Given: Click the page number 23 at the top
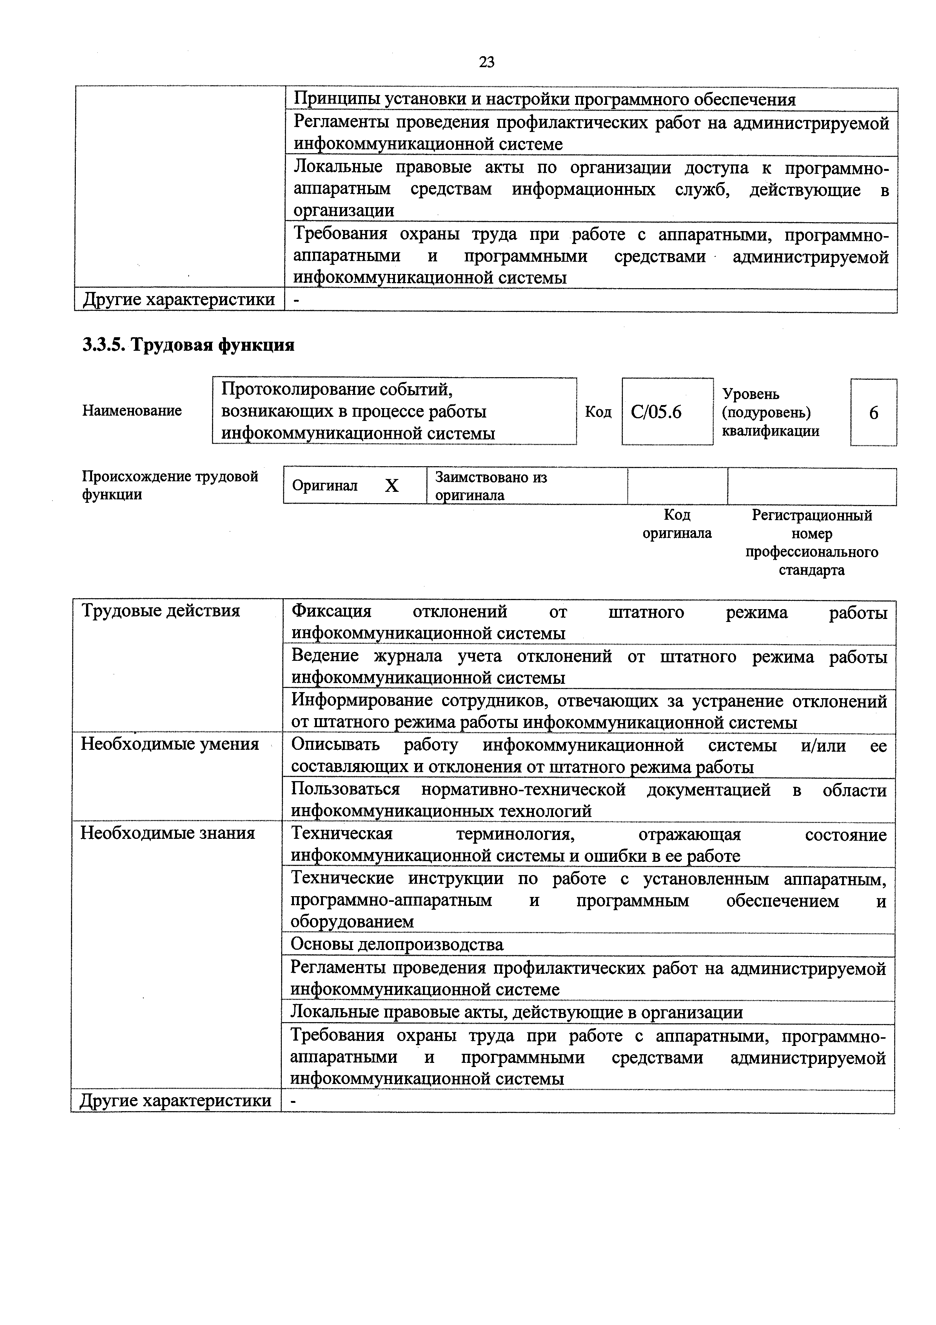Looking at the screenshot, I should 486,62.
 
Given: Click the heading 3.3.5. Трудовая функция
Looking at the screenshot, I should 188,345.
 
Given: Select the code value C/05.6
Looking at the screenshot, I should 656,412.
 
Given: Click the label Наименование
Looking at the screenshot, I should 132,411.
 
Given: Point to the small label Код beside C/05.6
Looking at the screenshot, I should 598,412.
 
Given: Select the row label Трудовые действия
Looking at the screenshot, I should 160,611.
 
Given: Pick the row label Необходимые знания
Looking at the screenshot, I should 168,833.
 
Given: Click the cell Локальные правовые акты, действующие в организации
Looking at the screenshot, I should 516,1012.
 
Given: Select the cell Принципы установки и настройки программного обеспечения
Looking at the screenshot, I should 544,100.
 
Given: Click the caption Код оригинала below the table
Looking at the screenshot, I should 677,524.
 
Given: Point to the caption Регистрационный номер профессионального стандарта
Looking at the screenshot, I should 812,542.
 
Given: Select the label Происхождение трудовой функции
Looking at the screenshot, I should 170,485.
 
